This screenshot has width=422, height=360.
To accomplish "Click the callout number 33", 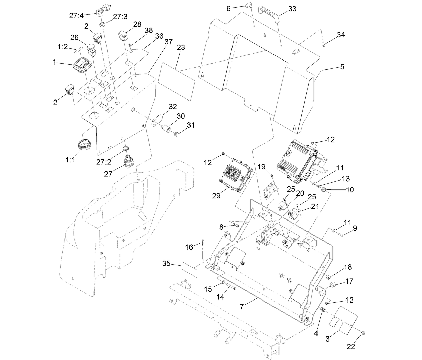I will click(292, 9).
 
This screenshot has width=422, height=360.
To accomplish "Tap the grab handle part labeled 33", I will click(272, 13).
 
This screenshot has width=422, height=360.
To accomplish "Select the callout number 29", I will click(216, 196).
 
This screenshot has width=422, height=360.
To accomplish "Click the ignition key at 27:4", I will click(100, 11).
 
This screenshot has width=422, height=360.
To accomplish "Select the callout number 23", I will click(181, 48).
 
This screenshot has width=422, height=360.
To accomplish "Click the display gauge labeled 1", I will click(82, 66).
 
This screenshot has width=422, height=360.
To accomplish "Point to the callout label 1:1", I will click(70, 160).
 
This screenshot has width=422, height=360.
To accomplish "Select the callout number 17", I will click(349, 281).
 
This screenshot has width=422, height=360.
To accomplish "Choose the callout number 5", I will click(342, 67).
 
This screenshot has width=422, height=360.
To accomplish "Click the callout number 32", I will click(173, 107).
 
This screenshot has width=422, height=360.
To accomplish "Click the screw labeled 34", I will click(324, 44).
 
